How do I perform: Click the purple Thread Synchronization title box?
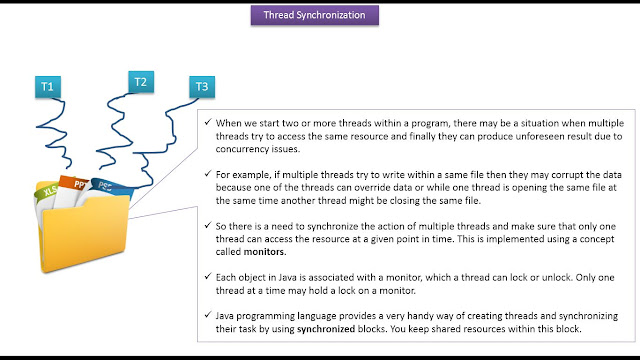pyautogui.click(x=315, y=15)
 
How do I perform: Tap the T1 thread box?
pyautogui.click(x=48, y=87)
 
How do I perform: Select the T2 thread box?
pyautogui.click(x=141, y=82)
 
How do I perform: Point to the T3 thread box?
pyautogui.click(x=202, y=87)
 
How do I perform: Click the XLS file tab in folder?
pyautogui.click(x=47, y=192)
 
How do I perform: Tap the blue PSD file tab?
pyautogui.click(x=109, y=187)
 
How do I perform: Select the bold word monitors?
pyautogui.click(x=264, y=252)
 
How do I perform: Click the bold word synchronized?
pyautogui.click(x=326, y=329)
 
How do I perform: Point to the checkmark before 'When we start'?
pyautogui.click(x=208, y=122)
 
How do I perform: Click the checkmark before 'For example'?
pyautogui.click(x=208, y=173)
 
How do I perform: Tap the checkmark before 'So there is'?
pyautogui.click(x=208, y=225)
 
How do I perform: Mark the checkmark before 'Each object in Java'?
pyautogui.click(x=208, y=276)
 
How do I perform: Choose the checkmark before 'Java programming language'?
pyautogui.click(x=208, y=314)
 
